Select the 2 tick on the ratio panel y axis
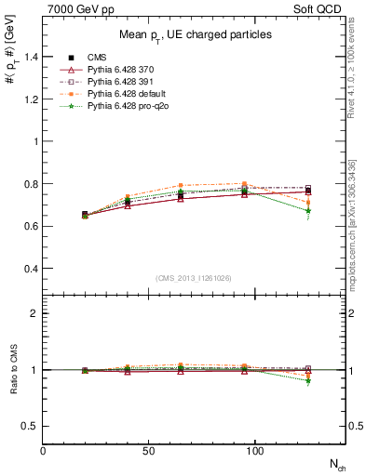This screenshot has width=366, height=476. pyautogui.click(x=34, y=313)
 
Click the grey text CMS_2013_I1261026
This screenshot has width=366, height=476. pyautogui.click(x=194, y=278)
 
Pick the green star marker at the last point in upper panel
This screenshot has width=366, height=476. pyautogui.click(x=308, y=211)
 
